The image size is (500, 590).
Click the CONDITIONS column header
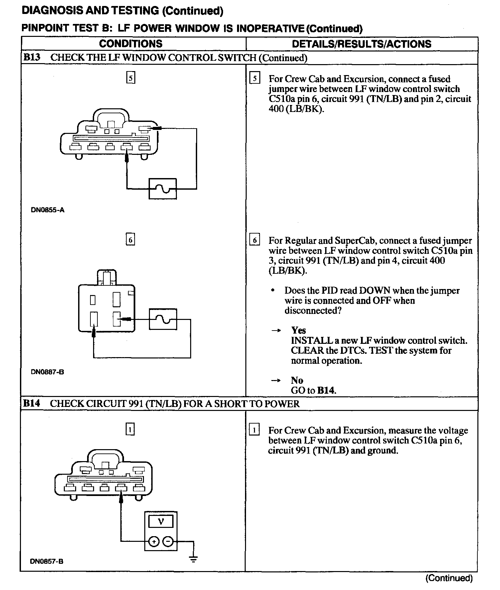pyautogui.click(x=131, y=44)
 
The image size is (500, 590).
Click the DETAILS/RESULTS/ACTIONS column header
pyautogui.click(x=361, y=44)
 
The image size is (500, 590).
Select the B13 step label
pyautogui.click(x=32, y=57)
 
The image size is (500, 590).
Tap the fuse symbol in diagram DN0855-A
pyautogui.click(x=162, y=189)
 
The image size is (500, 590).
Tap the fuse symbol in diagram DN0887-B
pyautogui.click(x=163, y=319)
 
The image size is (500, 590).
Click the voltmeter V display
pyautogui.click(x=161, y=521)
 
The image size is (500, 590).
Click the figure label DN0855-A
pyautogui.click(x=48, y=210)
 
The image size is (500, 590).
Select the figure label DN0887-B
pyautogui.click(x=48, y=372)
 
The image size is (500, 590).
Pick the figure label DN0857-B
pyautogui.click(x=47, y=561)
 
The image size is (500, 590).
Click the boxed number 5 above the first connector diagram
pyautogui.click(x=131, y=78)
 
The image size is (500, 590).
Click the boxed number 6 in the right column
pyautogui.click(x=255, y=240)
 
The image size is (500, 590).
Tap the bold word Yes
pyautogui.click(x=299, y=330)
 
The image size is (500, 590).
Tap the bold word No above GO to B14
pyautogui.click(x=297, y=380)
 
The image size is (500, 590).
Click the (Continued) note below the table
pyautogui.click(x=449, y=578)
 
